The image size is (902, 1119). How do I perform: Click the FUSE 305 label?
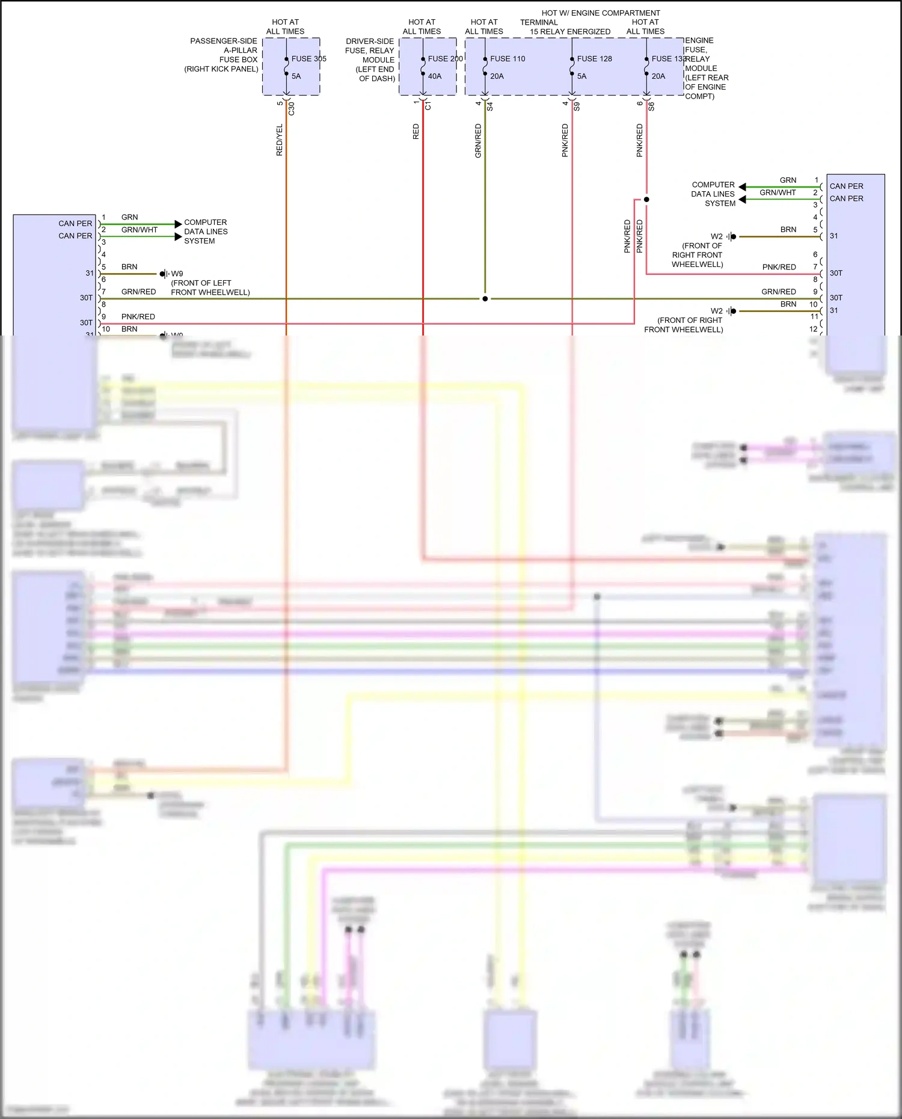308,59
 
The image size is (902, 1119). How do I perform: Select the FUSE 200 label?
445,59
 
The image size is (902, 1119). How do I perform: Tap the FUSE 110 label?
507,59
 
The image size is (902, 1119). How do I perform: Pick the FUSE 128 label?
594,59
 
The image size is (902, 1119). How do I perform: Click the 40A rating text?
434,76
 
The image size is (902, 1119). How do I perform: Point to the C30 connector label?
292,109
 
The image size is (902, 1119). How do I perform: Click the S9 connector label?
577,106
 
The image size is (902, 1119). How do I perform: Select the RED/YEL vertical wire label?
279,140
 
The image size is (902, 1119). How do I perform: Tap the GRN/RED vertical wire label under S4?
478,141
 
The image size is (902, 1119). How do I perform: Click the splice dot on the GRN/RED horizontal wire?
485,299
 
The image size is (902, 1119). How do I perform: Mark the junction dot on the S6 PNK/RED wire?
646,200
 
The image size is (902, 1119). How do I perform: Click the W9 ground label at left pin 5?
177,274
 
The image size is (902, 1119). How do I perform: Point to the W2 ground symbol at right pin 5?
731,237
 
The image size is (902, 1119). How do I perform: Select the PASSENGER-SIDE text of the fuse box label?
223,41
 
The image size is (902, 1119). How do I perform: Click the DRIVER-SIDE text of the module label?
369,41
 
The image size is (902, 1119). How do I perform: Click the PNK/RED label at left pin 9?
138,317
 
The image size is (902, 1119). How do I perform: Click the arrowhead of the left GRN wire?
178,224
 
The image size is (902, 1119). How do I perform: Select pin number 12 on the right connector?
813,330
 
